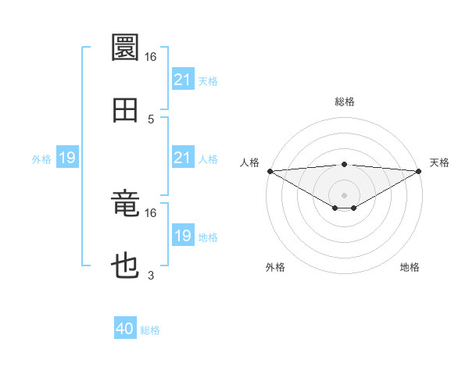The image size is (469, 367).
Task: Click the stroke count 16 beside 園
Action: coord(151,57)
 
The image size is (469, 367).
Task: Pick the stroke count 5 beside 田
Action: coord(151,119)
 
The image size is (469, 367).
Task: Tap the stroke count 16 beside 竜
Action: coord(151,212)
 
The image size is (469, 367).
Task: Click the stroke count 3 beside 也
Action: coord(151,276)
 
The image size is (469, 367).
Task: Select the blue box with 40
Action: coord(125,329)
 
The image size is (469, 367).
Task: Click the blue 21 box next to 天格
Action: coord(182,80)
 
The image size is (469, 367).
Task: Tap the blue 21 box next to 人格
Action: coord(182,158)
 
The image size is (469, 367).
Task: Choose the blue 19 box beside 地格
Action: coord(182,236)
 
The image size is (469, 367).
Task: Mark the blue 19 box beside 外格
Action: coord(67,158)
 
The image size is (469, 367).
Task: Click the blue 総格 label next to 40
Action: coord(150,330)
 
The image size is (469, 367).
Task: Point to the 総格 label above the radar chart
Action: coord(345,102)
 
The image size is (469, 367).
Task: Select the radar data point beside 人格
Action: coord(270,171)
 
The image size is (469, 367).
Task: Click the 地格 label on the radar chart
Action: coord(410,268)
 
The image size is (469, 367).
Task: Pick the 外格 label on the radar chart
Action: coord(275,268)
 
